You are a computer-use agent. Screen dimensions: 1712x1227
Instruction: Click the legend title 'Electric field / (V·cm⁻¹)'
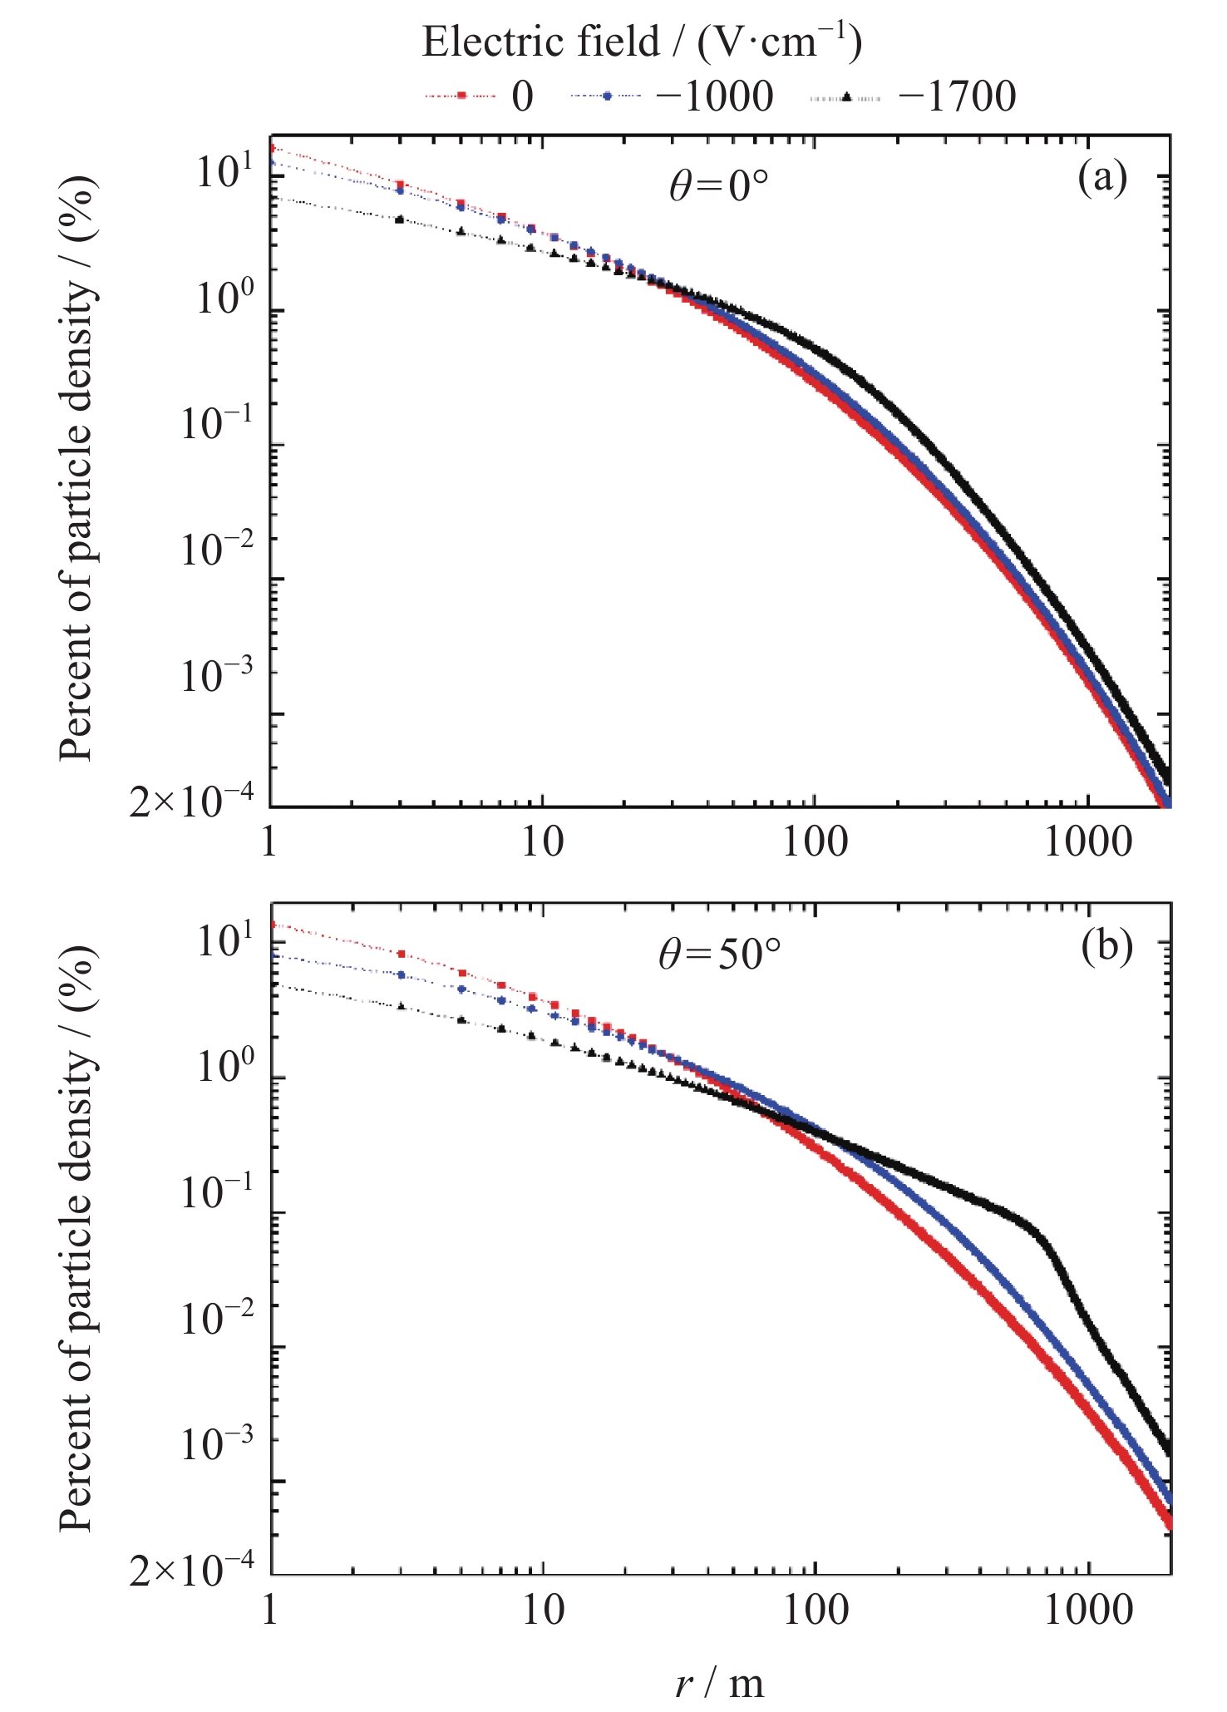click(x=642, y=42)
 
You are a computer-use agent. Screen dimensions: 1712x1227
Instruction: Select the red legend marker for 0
click(x=460, y=96)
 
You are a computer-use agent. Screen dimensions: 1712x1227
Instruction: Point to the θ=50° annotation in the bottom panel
click(x=720, y=956)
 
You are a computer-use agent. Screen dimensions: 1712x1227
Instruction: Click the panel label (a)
click(x=1102, y=177)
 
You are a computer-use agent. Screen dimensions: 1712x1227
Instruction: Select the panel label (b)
click(x=1107, y=948)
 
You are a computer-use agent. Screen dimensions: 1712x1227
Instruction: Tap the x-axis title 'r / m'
click(x=719, y=1683)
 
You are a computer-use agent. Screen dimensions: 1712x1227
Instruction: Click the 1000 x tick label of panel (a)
click(x=1088, y=843)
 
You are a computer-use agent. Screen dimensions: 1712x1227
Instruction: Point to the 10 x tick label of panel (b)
click(x=542, y=1611)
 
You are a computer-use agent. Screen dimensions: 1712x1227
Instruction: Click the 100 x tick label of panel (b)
click(x=815, y=1611)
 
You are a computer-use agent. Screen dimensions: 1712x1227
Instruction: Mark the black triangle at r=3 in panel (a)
click(x=400, y=220)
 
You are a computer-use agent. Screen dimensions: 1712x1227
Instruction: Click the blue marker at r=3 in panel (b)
click(x=402, y=974)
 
